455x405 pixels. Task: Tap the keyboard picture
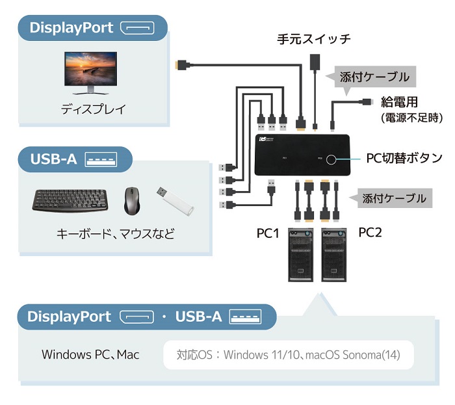tap(73, 200)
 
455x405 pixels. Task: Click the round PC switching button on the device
tap(335, 159)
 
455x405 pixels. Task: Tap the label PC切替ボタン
tap(404, 158)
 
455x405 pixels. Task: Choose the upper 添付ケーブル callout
tap(374, 77)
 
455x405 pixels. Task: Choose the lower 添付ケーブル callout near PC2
tap(395, 198)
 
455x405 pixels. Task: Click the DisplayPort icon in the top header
tap(138, 28)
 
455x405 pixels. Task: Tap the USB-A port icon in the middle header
tap(101, 159)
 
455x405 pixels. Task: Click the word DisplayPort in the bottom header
tap(69, 317)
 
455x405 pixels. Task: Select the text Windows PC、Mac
tap(90, 355)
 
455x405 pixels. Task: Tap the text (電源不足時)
tap(411, 118)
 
